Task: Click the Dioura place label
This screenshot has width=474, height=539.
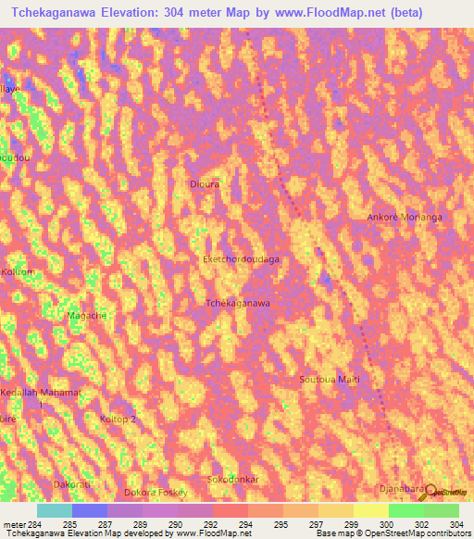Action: coord(204,183)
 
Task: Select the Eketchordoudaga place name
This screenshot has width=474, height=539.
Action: coord(241,260)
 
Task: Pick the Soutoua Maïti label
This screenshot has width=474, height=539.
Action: coord(329,380)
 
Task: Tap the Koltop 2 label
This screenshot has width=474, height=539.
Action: coord(118,420)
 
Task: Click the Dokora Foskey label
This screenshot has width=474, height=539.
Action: coord(156,492)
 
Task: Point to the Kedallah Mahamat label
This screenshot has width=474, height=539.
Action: coord(42,393)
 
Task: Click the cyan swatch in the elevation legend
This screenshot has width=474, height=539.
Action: coord(54,510)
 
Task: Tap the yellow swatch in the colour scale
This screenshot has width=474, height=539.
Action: coord(370,510)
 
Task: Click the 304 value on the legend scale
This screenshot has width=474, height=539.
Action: coord(455,523)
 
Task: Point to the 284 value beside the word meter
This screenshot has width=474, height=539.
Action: coord(35,523)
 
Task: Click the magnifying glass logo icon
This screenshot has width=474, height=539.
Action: coord(429,492)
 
